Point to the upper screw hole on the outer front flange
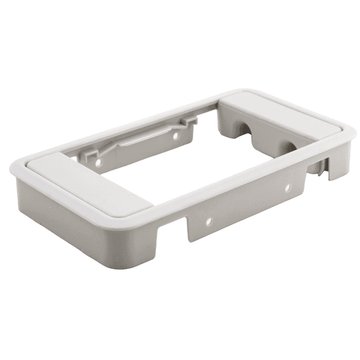(288, 188)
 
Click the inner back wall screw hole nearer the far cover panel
(176, 136)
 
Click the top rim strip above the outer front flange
(234, 184)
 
